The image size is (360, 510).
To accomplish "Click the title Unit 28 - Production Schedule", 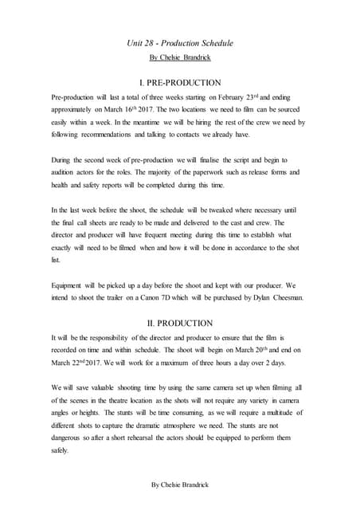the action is click(x=180, y=42).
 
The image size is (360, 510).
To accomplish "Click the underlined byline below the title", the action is click(x=180, y=58).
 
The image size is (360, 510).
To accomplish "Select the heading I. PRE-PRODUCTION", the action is click(x=180, y=82).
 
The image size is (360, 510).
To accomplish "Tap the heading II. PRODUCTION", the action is click(x=180, y=323).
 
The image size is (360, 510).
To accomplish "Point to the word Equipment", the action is click(x=69, y=284).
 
